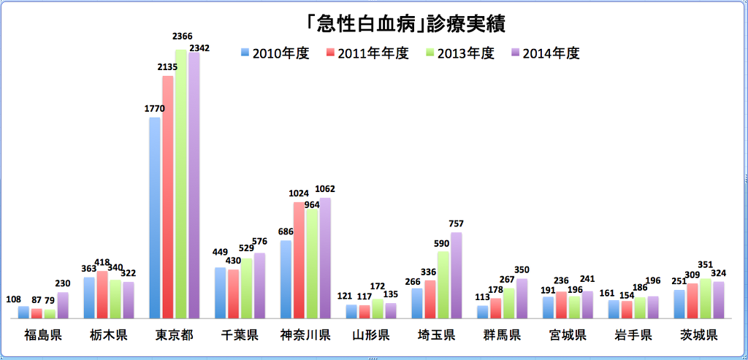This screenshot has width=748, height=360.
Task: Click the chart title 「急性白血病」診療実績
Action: pyautogui.click(x=407, y=23)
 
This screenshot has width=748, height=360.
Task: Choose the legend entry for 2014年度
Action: pyautogui.click(x=545, y=53)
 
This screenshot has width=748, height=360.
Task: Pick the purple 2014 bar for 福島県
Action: pyautogui.click(x=63, y=305)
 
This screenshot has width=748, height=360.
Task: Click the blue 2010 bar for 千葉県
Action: pyautogui.click(x=221, y=293)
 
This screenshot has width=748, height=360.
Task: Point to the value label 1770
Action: pyautogui.click(x=154, y=109)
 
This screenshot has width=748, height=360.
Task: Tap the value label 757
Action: pyautogui.click(x=456, y=223)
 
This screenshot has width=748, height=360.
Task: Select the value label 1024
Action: pyautogui.click(x=298, y=194)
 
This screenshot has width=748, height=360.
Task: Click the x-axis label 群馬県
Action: pyautogui.click(x=502, y=336)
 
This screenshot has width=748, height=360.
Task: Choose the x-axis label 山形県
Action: pyautogui.click(x=370, y=336)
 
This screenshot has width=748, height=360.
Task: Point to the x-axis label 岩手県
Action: pyautogui.click(x=633, y=336)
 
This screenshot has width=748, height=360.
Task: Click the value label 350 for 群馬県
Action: pyautogui.click(x=522, y=269)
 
